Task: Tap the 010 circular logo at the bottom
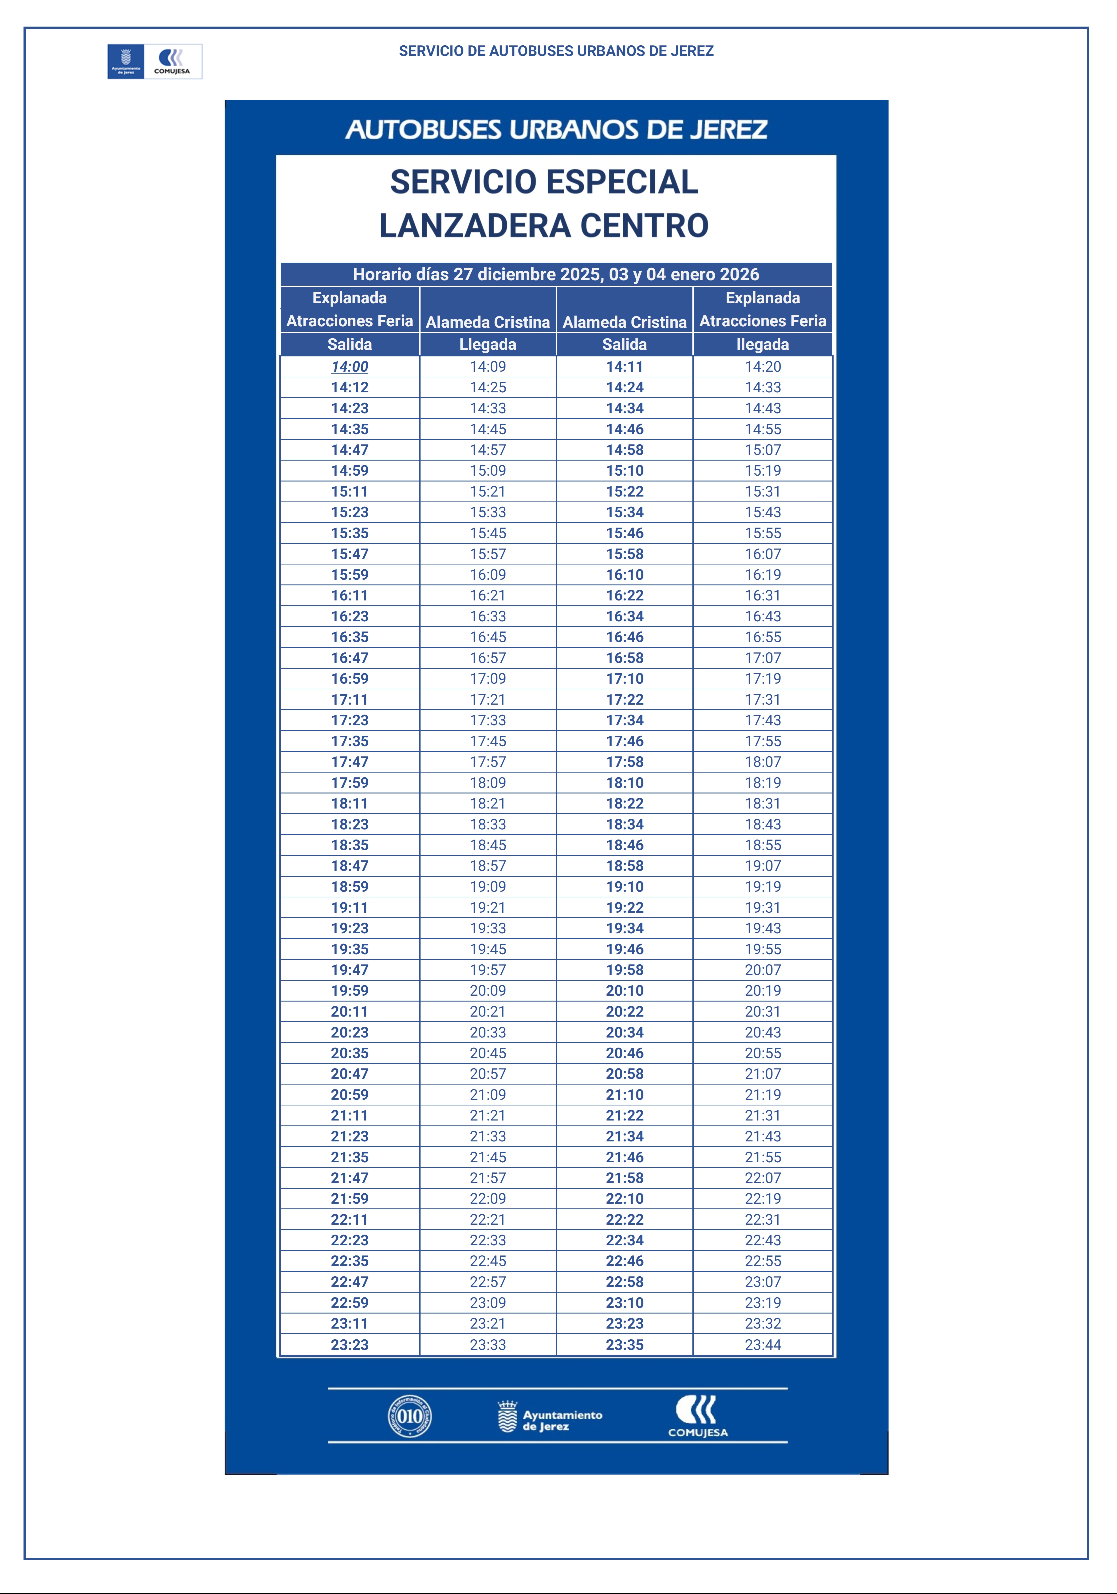[x=409, y=1416]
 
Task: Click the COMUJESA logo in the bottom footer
[x=698, y=1416]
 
